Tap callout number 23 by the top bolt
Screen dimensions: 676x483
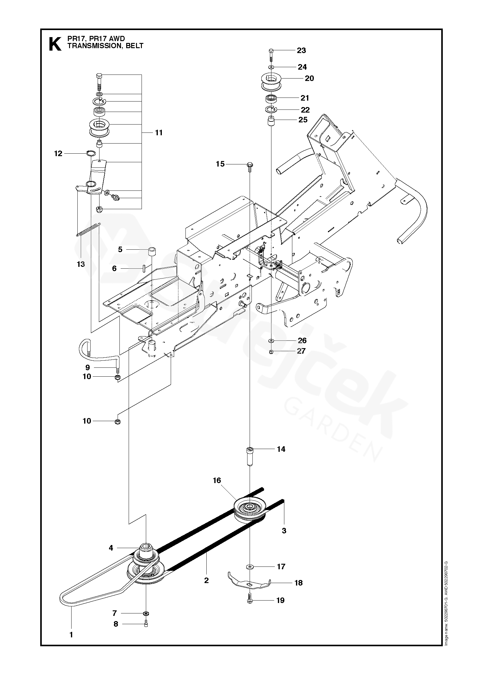[301, 50]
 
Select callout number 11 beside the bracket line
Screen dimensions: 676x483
[158, 133]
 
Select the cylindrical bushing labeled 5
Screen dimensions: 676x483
[152, 252]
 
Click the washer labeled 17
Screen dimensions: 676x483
[250, 566]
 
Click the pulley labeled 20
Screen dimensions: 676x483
[271, 81]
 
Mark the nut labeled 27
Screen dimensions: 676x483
[271, 351]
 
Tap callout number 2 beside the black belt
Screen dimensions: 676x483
[206, 580]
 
